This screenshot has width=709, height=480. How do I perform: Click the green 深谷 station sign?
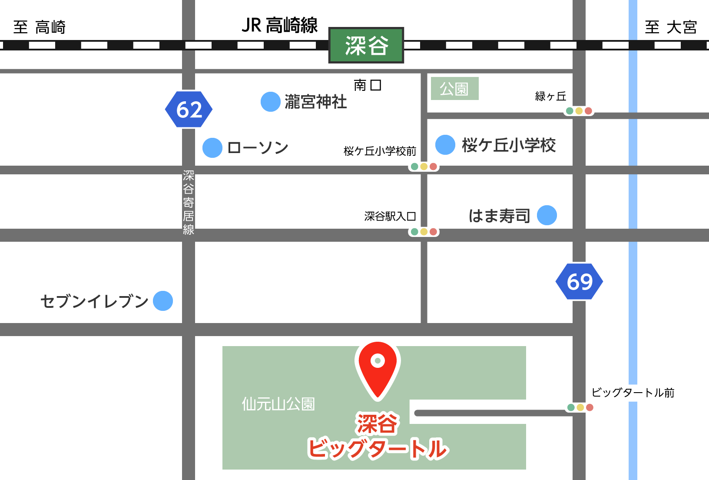[x=366, y=45]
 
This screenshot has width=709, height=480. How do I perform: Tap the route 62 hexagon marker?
[x=189, y=109]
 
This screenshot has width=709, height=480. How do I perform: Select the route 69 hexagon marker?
[x=579, y=281]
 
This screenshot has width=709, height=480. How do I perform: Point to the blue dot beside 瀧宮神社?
[x=270, y=102]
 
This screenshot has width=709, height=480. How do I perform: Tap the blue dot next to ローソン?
[x=212, y=147]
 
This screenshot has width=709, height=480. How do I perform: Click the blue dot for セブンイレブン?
[x=163, y=301]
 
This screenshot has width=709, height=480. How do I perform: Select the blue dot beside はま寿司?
[x=547, y=215]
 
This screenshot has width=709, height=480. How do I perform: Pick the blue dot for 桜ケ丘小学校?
[x=445, y=145]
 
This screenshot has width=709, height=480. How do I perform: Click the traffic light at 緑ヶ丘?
[x=579, y=111]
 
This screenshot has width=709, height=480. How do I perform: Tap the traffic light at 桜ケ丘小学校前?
[x=424, y=167]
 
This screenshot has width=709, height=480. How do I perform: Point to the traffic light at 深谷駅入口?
[x=424, y=232]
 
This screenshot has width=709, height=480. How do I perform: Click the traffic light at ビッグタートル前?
[x=580, y=407]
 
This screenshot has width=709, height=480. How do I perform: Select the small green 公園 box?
[x=454, y=89]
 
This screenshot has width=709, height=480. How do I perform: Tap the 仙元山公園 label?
[x=278, y=404]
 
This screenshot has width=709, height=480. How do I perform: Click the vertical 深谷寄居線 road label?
[x=189, y=202]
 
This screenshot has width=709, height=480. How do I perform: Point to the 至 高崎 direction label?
[x=39, y=27]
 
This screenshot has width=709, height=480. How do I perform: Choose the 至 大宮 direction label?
[x=671, y=27]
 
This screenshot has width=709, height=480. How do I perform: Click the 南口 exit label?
[x=368, y=85]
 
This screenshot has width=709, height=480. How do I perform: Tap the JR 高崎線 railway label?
[x=279, y=25]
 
